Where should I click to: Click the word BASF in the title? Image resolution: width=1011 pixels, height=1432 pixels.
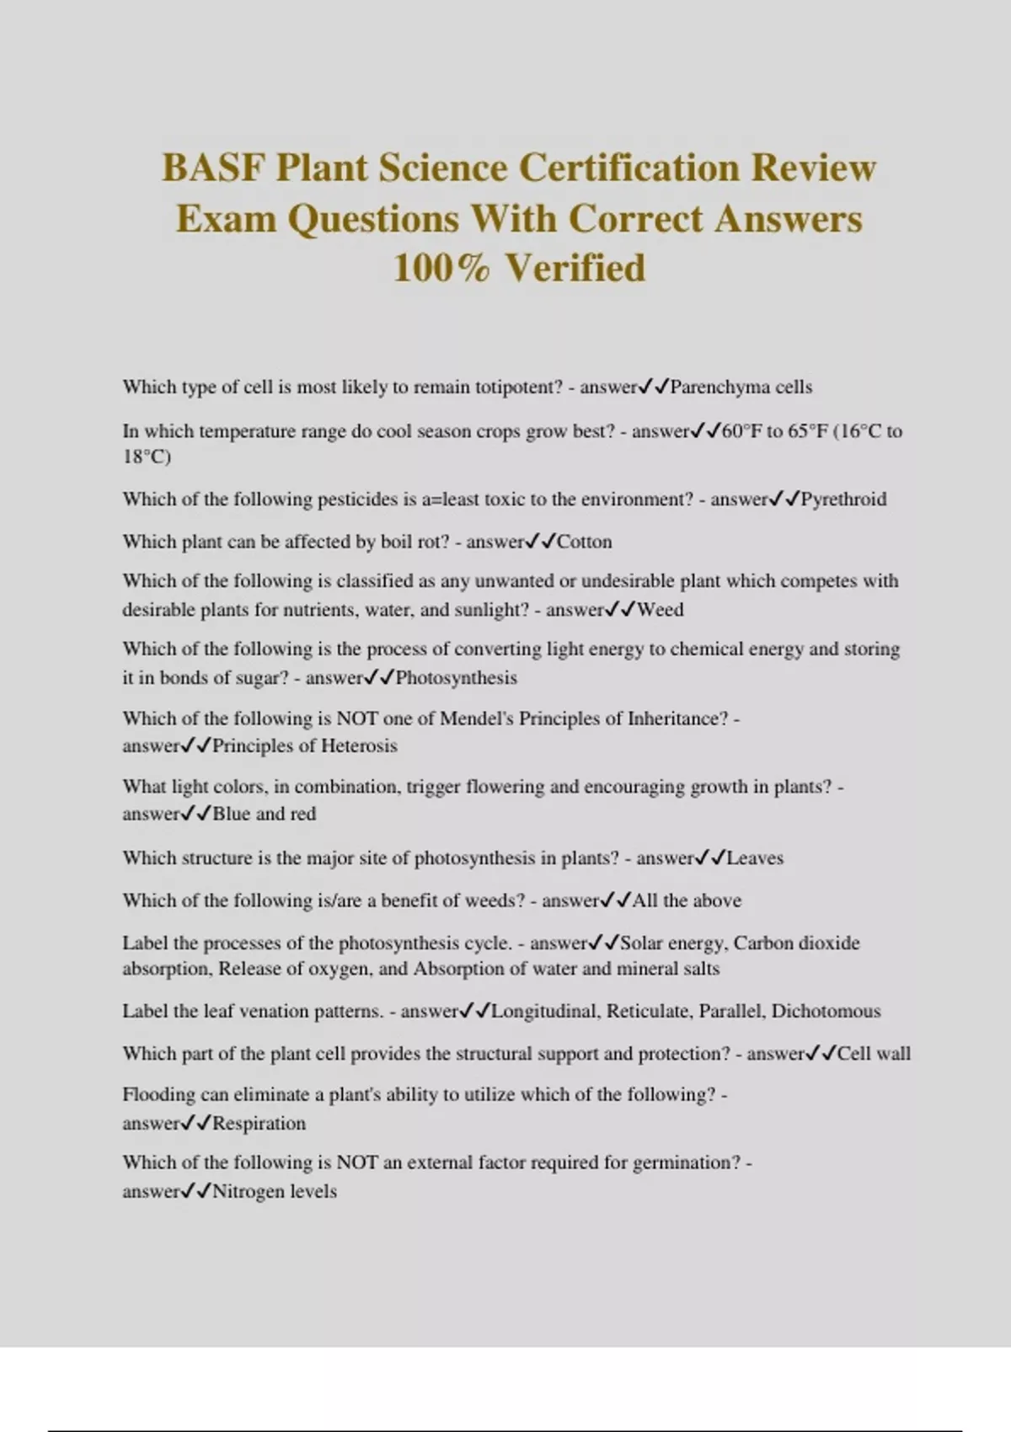pos(213,168)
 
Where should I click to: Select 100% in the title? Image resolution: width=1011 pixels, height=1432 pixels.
pos(441,268)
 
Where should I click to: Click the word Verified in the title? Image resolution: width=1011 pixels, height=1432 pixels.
pos(575,268)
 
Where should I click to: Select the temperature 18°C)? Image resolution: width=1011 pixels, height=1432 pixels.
pos(147,457)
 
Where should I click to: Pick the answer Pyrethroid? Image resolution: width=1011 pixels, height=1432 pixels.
pos(843,500)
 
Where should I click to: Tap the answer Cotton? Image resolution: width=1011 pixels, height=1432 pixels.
pos(585,542)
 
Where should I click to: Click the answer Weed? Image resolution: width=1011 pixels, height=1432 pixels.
pos(661,610)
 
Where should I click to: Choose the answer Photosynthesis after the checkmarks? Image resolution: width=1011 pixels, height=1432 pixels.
pos(456,678)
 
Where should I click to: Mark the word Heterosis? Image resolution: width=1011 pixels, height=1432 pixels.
pos(358,746)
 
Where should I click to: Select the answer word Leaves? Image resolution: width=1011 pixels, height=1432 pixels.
pos(755,858)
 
